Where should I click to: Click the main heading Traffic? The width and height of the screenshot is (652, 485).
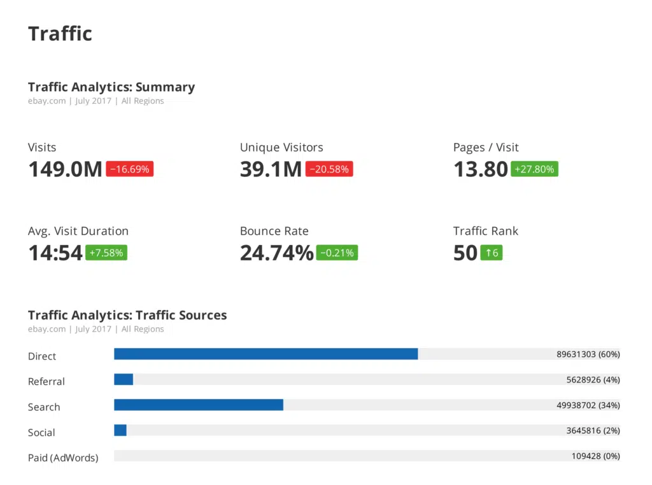pyautogui.click(x=60, y=34)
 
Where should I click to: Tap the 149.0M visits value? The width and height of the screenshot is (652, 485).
pyautogui.click(x=65, y=169)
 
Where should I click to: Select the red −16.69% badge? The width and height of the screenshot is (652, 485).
pyautogui.click(x=129, y=169)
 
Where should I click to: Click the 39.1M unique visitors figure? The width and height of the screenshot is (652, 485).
pyautogui.click(x=271, y=169)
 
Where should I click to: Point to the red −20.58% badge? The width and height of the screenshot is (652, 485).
pyautogui.click(x=329, y=169)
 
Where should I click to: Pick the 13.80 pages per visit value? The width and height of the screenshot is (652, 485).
pyautogui.click(x=481, y=169)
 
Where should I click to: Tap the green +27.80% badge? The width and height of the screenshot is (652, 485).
pyautogui.click(x=534, y=169)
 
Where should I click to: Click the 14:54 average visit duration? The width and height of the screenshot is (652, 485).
pyautogui.click(x=55, y=253)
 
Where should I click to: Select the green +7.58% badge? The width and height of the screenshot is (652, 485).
pyautogui.click(x=106, y=253)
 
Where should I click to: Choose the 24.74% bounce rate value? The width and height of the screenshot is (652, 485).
pyautogui.click(x=276, y=253)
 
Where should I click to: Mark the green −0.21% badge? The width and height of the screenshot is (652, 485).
pyautogui.click(x=337, y=253)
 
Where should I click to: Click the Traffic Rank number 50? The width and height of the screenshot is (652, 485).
pyautogui.click(x=465, y=253)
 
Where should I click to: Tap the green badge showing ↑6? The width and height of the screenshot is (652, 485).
pyautogui.click(x=492, y=253)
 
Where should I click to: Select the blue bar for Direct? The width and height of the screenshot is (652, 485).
pyautogui.click(x=266, y=354)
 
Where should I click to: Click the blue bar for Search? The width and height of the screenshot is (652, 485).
pyautogui.click(x=198, y=405)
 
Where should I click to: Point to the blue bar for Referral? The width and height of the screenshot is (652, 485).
pyautogui.click(x=124, y=379)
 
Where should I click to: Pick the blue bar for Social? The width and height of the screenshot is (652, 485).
pyautogui.click(x=120, y=430)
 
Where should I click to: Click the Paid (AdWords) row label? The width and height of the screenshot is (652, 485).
pyautogui.click(x=63, y=458)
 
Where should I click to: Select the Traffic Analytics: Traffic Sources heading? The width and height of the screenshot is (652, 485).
pyautogui.click(x=127, y=315)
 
